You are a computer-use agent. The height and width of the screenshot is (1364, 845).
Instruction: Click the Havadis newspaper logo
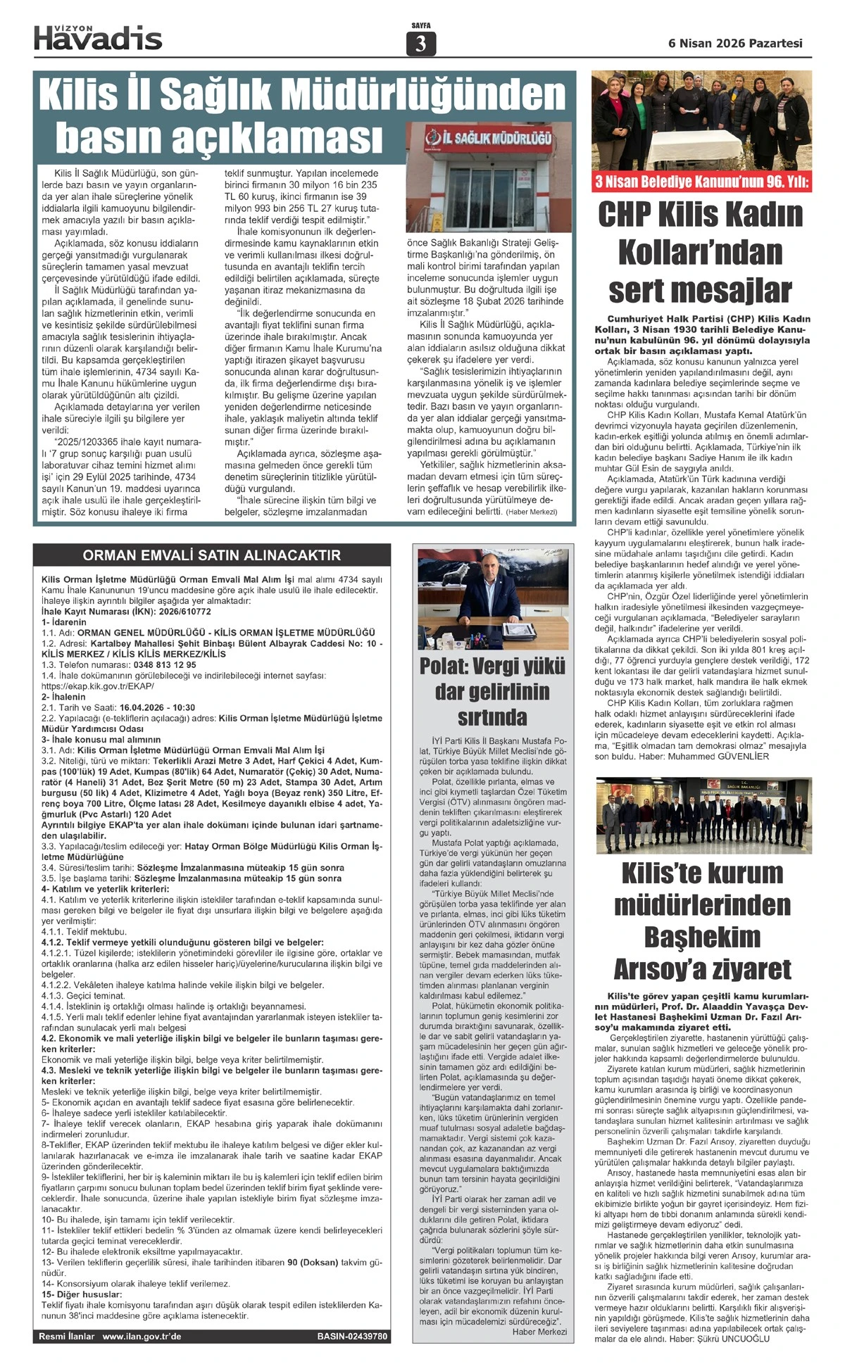pos(98,37)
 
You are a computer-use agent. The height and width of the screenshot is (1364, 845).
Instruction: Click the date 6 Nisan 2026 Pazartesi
pos(735,43)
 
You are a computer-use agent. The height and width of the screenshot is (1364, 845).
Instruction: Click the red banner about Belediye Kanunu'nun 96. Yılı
pos(701,183)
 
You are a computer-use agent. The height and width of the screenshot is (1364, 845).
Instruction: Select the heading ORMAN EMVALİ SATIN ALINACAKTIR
pos(211,555)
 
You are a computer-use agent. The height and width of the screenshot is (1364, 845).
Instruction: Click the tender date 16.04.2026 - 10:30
pos(158,707)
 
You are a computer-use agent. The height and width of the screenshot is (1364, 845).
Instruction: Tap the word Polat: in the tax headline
pos(448,666)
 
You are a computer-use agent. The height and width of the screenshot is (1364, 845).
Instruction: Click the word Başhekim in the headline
pos(702,935)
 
